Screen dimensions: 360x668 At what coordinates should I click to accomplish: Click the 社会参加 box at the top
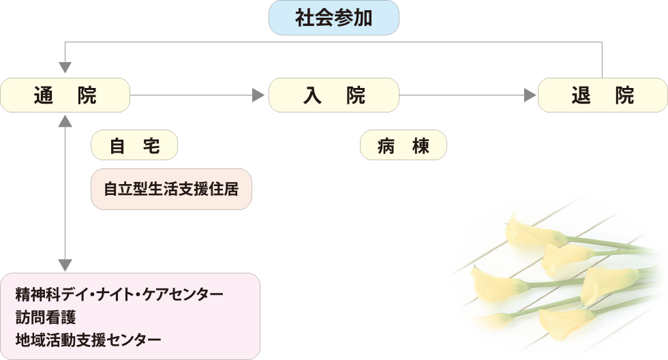333,18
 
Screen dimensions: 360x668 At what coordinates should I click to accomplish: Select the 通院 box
65,95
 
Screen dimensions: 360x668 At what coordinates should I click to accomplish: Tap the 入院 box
333,95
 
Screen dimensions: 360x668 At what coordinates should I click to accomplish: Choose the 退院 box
603,95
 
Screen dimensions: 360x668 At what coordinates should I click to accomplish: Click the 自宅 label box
134,145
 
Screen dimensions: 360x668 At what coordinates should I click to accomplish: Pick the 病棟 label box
404,145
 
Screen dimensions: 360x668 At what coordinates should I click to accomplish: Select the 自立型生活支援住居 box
171,189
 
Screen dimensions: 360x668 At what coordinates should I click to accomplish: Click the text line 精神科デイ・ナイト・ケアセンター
119,295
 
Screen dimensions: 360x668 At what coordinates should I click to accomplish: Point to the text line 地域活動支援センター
89,339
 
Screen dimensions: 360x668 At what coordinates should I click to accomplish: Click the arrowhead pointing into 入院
258,95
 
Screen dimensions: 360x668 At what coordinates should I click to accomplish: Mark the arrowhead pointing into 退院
530,95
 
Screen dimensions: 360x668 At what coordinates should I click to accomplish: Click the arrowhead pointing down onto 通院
65,67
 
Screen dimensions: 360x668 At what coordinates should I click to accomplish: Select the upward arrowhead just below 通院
65,121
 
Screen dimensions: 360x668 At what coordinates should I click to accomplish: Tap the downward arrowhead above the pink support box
65,265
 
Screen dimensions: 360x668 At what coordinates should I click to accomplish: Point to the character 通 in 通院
44,95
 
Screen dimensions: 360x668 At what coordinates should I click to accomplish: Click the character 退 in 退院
581,95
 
